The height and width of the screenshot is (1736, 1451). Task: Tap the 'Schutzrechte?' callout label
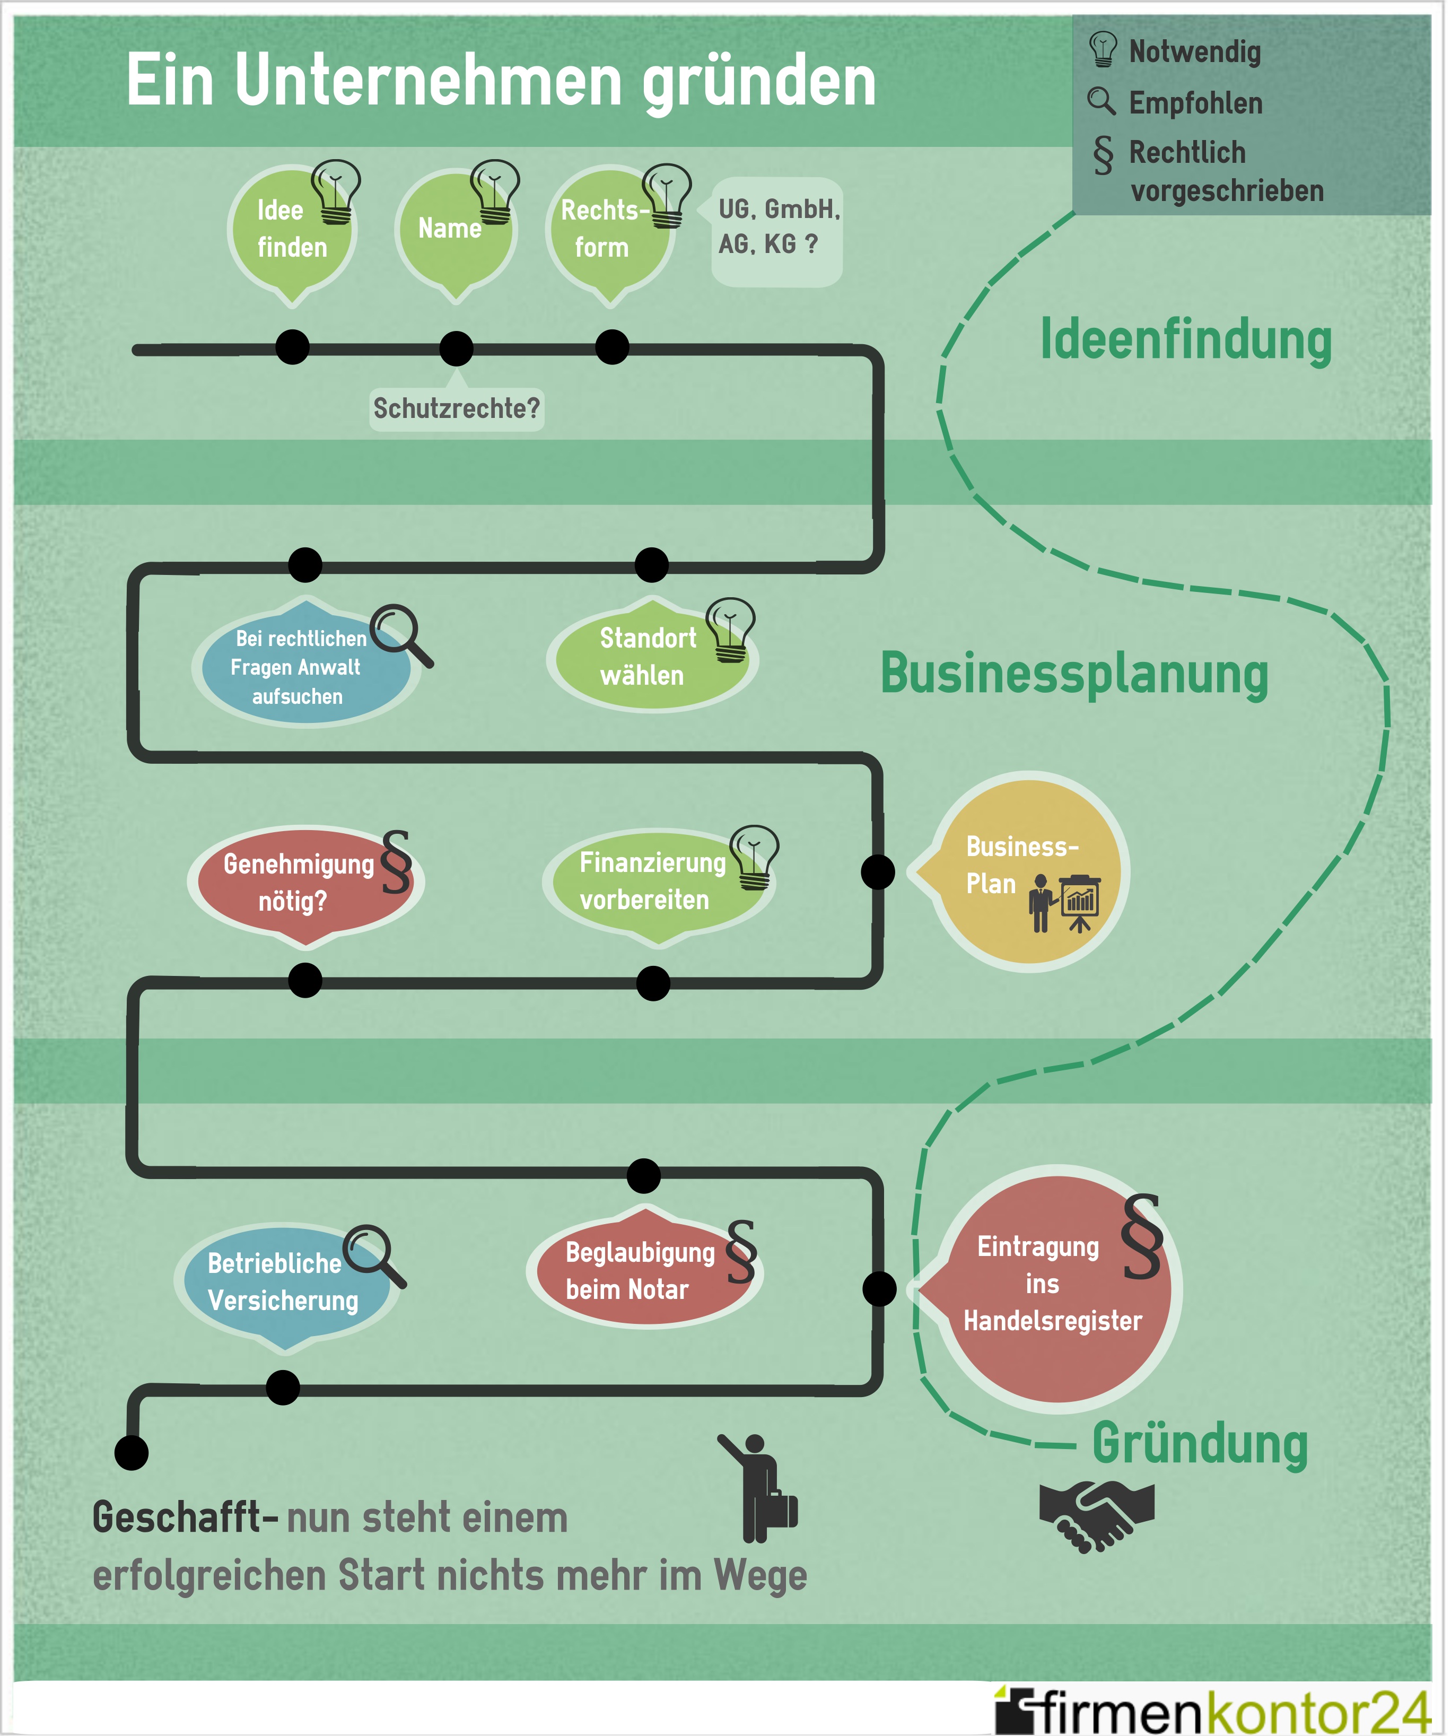click(457, 408)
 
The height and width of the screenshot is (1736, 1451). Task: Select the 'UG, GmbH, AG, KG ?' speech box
click(777, 228)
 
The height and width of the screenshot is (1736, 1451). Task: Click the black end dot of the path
click(132, 1452)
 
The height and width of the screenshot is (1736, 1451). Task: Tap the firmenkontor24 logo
click(1211, 1709)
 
